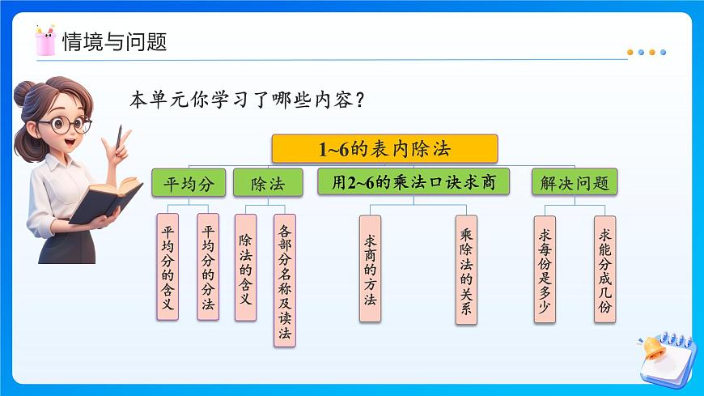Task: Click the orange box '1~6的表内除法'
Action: (x=384, y=149)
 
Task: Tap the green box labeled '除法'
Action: (x=269, y=183)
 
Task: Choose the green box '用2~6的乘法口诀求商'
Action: (x=413, y=182)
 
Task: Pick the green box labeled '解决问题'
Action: (x=574, y=183)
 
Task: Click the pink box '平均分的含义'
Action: (x=168, y=266)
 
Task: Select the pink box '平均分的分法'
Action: (x=208, y=266)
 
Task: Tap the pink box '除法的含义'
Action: (x=245, y=266)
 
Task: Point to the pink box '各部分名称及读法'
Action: (x=285, y=280)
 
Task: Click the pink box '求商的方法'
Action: (x=370, y=268)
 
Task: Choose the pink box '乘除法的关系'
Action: (x=466, y=270)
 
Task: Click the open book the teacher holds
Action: (x=105, y=199)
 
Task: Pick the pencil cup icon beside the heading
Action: (x=45, y=40)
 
